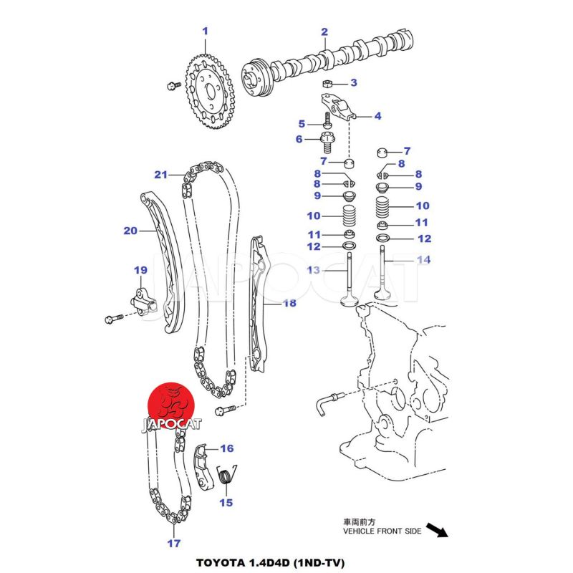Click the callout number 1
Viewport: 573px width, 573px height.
(205, 31)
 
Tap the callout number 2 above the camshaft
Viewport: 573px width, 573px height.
(324, 32)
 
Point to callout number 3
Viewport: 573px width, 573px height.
(353, 84)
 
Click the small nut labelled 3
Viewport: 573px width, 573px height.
(324, 85)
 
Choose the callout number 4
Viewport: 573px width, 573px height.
(377, 116)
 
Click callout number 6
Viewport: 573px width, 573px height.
(299, 139)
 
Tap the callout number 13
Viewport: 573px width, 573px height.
(314, 270)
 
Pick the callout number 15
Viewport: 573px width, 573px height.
(226, 502)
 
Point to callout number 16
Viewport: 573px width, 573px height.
(226, 449)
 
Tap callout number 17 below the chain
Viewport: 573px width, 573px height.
(174, 543)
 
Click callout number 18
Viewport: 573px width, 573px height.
(289, 304)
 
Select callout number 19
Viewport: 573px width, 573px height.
(140, 270)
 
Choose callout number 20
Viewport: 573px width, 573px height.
(130, 231)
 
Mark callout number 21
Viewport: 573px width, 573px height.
(160, 175)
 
